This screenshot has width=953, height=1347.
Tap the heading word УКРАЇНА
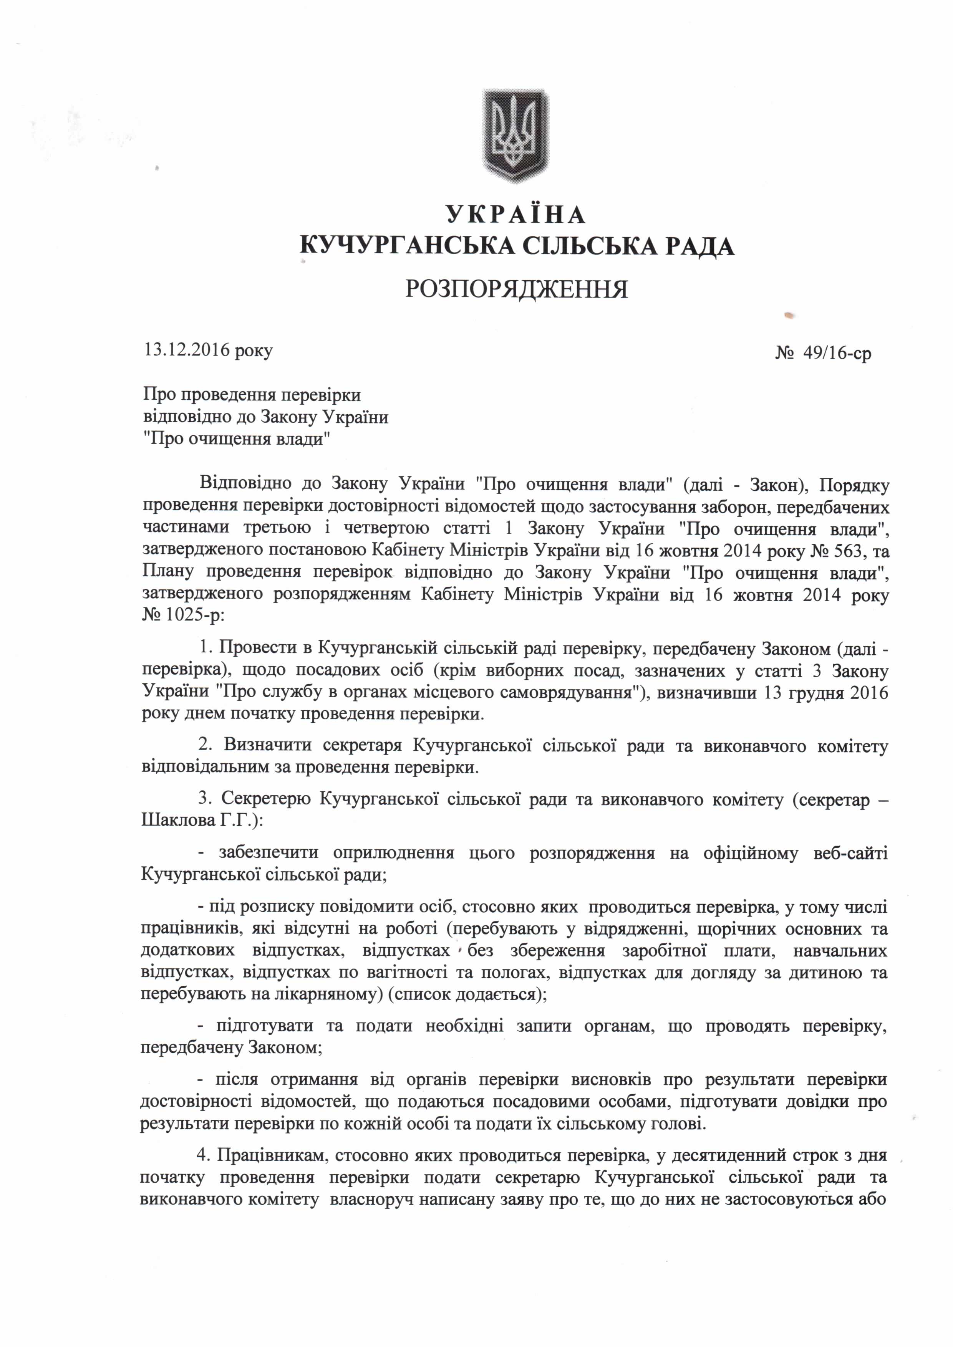click(x=516, y=215)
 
